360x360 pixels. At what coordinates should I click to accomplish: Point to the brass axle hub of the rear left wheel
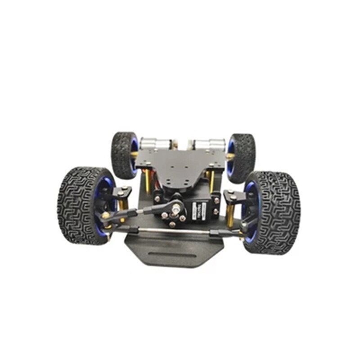click(x=134, y=155)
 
